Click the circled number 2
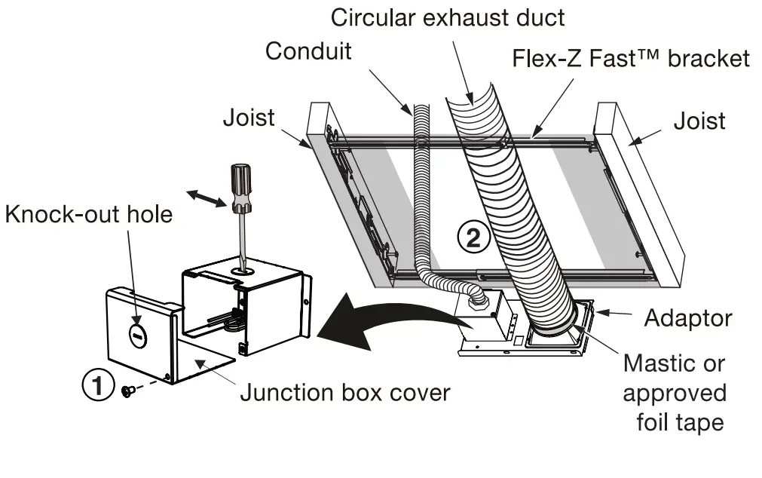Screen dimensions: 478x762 coord(473,237)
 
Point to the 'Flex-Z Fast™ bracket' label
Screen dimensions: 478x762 coord(631,58)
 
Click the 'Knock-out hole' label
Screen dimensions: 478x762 coord(89,214)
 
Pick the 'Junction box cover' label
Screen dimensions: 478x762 coord(344,392)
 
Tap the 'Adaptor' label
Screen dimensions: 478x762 coord(687,317)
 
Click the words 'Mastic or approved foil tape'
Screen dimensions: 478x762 coord(675,392)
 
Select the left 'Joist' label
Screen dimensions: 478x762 coord(249,118)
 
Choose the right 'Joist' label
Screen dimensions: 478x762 coord(700,121)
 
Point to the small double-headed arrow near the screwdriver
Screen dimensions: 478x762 coord(207,198)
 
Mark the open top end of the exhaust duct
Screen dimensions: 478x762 coord(470,99)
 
